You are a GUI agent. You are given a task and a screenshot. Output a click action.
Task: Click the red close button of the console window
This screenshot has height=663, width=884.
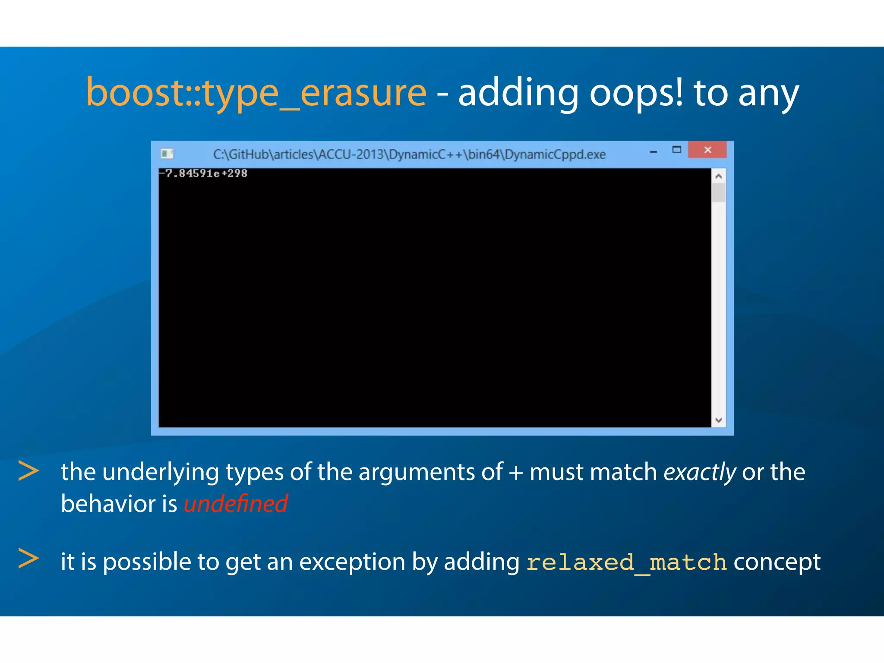click(707, 150)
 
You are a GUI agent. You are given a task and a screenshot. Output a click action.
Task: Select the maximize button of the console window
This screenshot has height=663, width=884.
click(676, 150)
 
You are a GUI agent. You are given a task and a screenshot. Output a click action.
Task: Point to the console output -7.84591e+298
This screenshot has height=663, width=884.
click(203, 174)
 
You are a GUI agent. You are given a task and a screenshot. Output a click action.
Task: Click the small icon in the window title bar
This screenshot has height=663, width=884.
click(167, 154)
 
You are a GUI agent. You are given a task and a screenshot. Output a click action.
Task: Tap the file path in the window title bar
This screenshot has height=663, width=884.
click(409, 155)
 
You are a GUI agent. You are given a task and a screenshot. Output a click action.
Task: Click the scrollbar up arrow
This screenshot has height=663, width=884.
click(718, 176)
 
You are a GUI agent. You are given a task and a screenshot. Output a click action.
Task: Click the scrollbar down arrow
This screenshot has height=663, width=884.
click(718, 420)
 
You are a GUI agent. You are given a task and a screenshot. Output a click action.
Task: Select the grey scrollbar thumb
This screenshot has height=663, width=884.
click(718, 193)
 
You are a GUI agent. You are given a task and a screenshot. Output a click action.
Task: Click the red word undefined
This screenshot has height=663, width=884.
click(236, 504)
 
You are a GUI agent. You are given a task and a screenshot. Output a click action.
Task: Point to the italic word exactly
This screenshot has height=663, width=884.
click(699, 472)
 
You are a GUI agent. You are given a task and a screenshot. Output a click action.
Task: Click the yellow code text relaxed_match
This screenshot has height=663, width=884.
click(626, 562)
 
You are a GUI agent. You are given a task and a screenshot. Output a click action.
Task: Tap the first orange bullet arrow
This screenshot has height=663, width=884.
click(28, 471)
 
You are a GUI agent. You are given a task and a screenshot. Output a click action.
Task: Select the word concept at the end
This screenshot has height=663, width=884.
click(777, 562)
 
